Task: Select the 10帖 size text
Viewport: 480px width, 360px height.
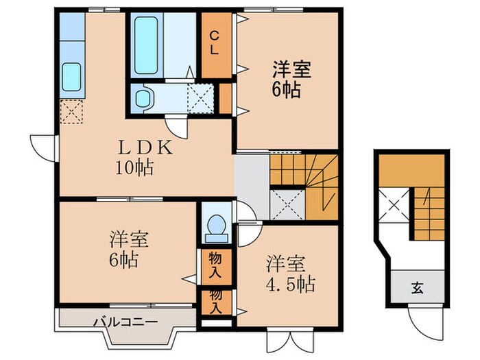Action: (134, 167)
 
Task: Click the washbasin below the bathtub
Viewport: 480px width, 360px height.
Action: (144, 97)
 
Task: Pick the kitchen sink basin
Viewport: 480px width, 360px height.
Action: (71, 77)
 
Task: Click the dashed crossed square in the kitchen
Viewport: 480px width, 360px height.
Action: (71, 111)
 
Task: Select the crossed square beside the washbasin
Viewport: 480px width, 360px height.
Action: (200, 97)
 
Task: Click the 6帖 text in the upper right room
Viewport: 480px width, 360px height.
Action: (286, 89)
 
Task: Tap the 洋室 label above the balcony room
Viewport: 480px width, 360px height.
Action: (128, 240)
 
